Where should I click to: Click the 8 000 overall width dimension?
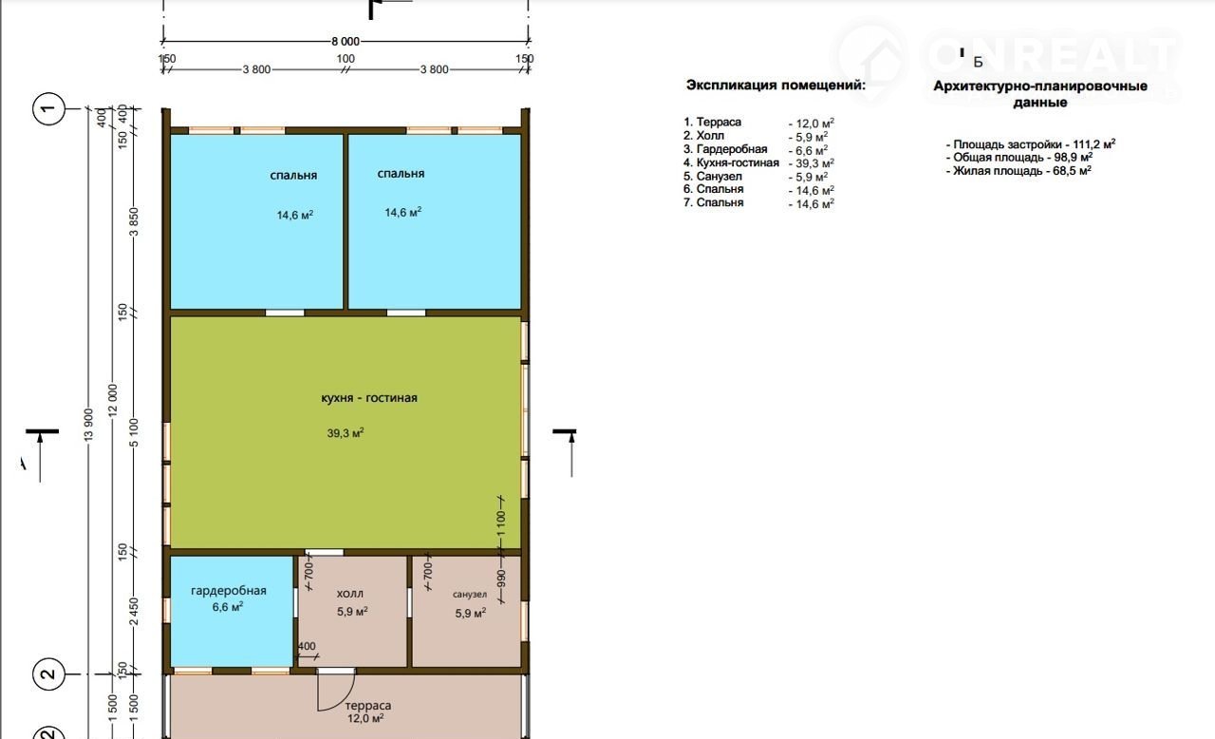346,42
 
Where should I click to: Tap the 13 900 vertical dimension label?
89,425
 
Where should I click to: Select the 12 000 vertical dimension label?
113,401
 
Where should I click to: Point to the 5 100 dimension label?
134,432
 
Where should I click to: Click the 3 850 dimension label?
134,222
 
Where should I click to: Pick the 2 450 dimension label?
134,612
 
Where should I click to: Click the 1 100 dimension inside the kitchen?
500,523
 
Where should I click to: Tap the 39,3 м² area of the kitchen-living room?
346,433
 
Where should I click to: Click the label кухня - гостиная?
369,398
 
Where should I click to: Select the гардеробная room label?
229,590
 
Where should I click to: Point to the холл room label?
350,594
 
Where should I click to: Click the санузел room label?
470,594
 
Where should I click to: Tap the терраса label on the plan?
368,706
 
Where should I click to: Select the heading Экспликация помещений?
776,85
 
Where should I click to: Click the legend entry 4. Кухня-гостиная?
731,162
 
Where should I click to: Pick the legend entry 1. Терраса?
712,123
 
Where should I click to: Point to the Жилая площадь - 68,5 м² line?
1019,171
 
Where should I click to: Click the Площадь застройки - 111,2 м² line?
1031,144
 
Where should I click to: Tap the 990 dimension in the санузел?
500,578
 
